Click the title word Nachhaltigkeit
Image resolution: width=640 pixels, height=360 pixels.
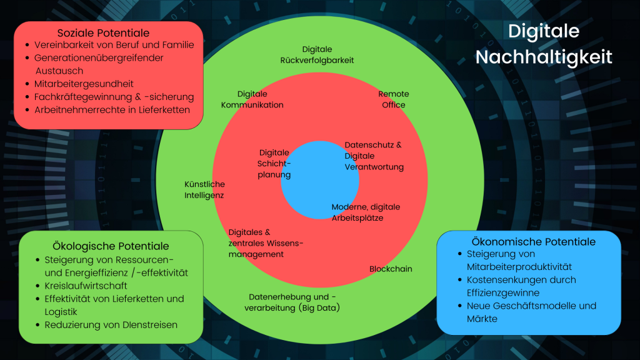(544, 57)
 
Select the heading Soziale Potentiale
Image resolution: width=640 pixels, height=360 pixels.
(103, 32)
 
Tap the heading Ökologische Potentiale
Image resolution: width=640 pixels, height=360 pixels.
(111, 246)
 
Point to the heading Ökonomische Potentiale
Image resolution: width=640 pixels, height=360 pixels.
(534, 242)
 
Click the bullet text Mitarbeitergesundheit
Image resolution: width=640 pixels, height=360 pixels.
(84, 84)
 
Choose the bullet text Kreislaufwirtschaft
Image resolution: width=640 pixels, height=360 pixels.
(86, 286)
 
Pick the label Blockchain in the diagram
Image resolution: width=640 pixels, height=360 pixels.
(391, 269)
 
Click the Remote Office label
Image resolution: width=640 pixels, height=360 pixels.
(394, 99)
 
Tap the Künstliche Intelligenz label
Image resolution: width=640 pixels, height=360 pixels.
(204, 190)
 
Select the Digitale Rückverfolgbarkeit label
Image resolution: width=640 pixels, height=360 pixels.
(317, 55)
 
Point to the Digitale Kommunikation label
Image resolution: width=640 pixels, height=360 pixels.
(252, 99)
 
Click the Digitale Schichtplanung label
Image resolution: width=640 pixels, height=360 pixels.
(274, 164)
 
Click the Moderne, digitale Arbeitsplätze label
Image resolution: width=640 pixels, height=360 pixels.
(366, 212)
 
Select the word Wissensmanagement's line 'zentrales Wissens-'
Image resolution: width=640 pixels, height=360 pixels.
(266, 243)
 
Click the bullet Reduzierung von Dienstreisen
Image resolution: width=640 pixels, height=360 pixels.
(111, 325)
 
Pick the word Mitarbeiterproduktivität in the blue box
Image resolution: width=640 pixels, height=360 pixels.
(519, 267)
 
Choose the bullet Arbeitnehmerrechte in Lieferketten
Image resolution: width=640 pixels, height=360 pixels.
(112, 110)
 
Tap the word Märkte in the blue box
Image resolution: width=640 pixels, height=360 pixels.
(482, 319)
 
